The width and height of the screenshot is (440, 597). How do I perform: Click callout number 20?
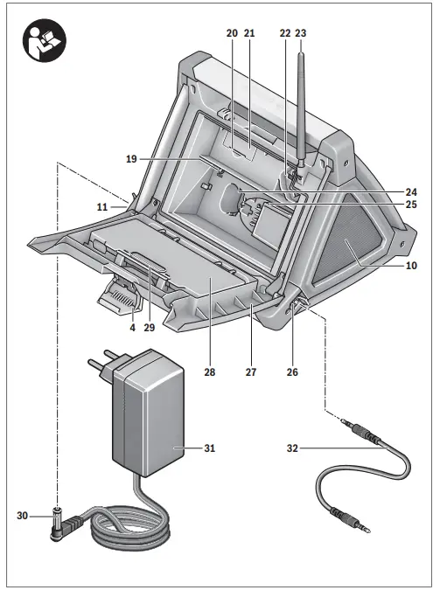pos(232,32)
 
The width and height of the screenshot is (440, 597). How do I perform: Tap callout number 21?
pos(249,32)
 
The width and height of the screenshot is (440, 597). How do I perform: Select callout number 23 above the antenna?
pos(302,32)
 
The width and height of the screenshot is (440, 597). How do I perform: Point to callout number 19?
pos(131,159)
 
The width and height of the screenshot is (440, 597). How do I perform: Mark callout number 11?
pos(102,207)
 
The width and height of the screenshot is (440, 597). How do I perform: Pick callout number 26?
pos(292,371)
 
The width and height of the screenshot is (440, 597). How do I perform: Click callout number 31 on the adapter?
pos(209,448)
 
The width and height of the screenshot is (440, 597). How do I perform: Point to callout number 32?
pos(292,448)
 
